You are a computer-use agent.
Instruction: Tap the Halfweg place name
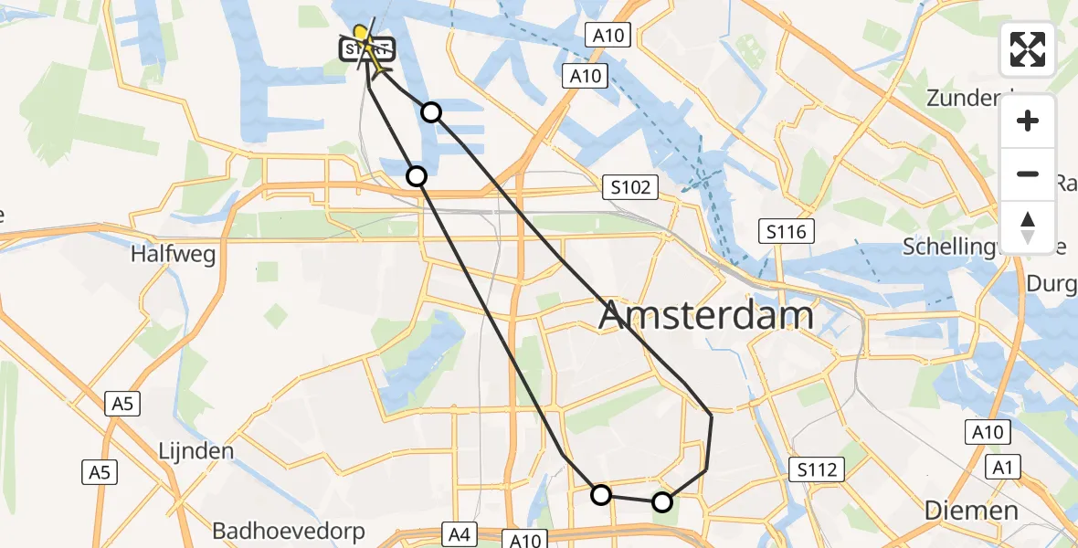[174, 254]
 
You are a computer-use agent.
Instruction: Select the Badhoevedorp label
[289, 531]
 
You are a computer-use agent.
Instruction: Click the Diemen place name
[971, 510]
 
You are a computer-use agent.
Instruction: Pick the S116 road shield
[787, 232]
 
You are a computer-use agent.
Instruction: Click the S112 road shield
[817, 470]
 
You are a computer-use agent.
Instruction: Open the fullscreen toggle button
[1028, 49]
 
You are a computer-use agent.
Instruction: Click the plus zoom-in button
[1028, 121]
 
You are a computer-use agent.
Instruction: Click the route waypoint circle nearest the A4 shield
[601, 495]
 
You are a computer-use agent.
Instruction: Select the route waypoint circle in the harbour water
[431, 112]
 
